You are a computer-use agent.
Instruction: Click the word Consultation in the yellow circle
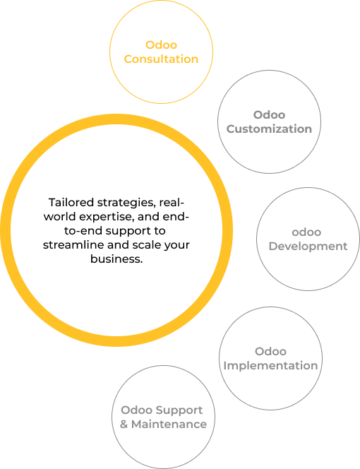click(161, 59)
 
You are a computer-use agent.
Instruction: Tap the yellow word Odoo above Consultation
click(161, 45)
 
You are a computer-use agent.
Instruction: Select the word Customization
click(269, 129)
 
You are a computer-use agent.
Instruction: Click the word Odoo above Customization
click(269, 114)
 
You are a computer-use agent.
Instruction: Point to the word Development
click(308, 247)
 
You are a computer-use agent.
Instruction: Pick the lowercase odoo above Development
click(306, 232)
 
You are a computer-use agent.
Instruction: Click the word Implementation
click(270, 365)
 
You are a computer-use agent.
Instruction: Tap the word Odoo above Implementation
click(270, 351)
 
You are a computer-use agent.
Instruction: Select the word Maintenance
click(169, 424)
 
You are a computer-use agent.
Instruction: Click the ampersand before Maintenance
click(124, 424)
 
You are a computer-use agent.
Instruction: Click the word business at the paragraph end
click(116, 259)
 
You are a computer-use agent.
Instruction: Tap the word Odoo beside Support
click(136, 410)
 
